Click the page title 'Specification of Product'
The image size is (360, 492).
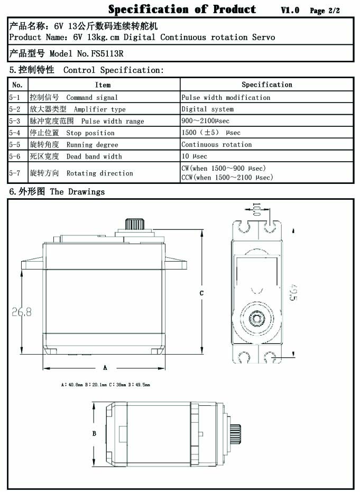(182, 10)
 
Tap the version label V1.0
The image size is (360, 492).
(290, 11)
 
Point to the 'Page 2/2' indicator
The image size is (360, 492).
(325, 11)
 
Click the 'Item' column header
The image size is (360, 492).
(103, 85)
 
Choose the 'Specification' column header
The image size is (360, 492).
(266, 85)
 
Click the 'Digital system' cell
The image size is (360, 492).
(207, 109)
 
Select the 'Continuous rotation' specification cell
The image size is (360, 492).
(217, 144)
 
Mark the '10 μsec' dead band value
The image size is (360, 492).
(195, 156)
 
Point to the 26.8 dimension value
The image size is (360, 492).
(22, 312)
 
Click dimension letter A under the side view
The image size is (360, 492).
(105, 367)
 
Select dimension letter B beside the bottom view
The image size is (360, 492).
(94, 433)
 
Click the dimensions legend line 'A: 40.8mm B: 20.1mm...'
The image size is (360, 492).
(106, 385)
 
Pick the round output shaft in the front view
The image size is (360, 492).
(257, 318)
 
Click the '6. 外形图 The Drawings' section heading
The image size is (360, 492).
(57, 191)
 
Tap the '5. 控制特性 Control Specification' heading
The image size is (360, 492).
(86, 70)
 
